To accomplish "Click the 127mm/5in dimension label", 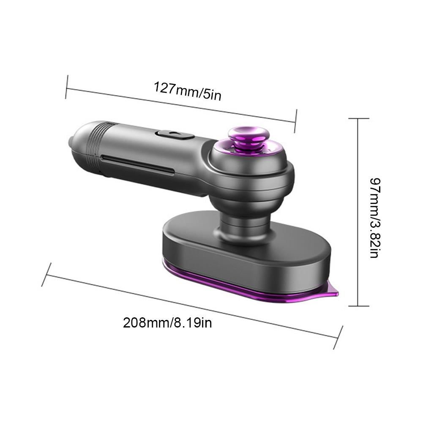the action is coord(188,91).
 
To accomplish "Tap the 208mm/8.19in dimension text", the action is coord(167,323).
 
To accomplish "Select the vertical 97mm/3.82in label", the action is coord(375,218).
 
